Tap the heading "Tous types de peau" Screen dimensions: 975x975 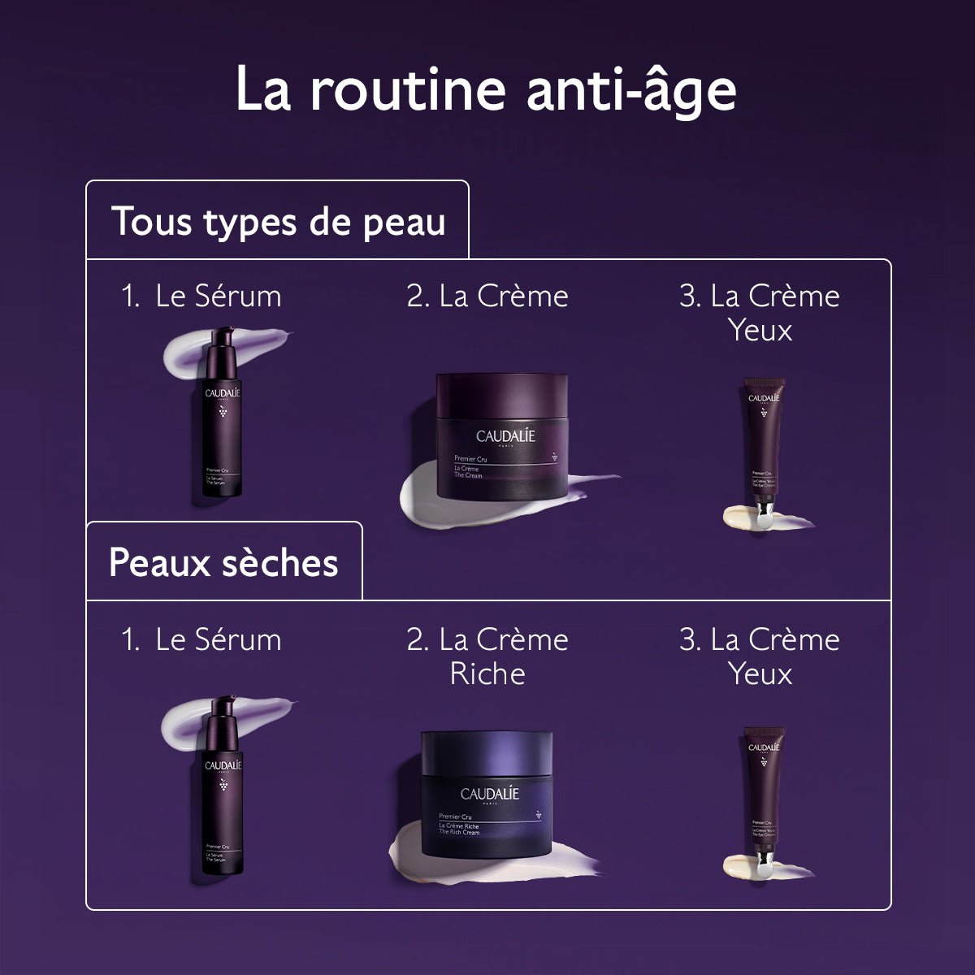click(278, 222)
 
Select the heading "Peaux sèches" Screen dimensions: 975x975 click(223, 562)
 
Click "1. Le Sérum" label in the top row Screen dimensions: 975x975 click(201, 296)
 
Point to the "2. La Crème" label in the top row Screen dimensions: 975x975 click(487, 296)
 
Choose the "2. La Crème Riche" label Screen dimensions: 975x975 click(487, 656)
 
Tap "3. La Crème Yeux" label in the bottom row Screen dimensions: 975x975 click(759, 656)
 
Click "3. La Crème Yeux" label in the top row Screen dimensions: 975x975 click(759, 313)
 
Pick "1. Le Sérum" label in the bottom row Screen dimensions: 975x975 click(201, 639)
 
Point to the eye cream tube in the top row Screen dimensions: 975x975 click(763, 447)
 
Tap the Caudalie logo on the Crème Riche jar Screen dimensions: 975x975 click(489, 794)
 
